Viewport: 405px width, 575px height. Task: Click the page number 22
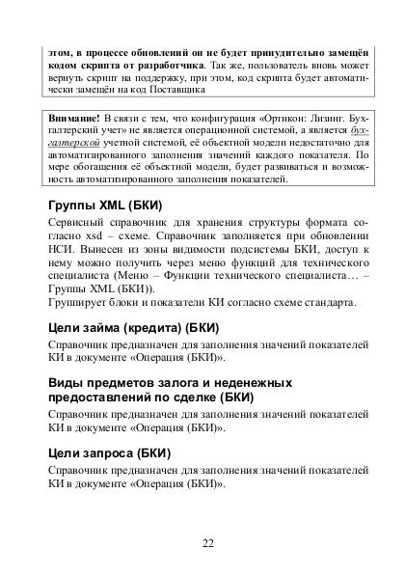(x=208, y=542)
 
